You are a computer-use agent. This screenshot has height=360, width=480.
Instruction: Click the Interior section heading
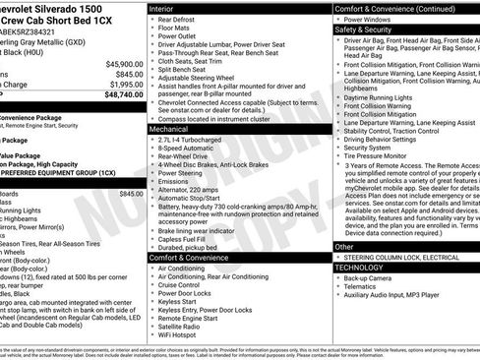161,8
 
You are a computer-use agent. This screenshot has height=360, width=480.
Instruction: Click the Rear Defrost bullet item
181,21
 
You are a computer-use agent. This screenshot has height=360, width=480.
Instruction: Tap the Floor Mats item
178,30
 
